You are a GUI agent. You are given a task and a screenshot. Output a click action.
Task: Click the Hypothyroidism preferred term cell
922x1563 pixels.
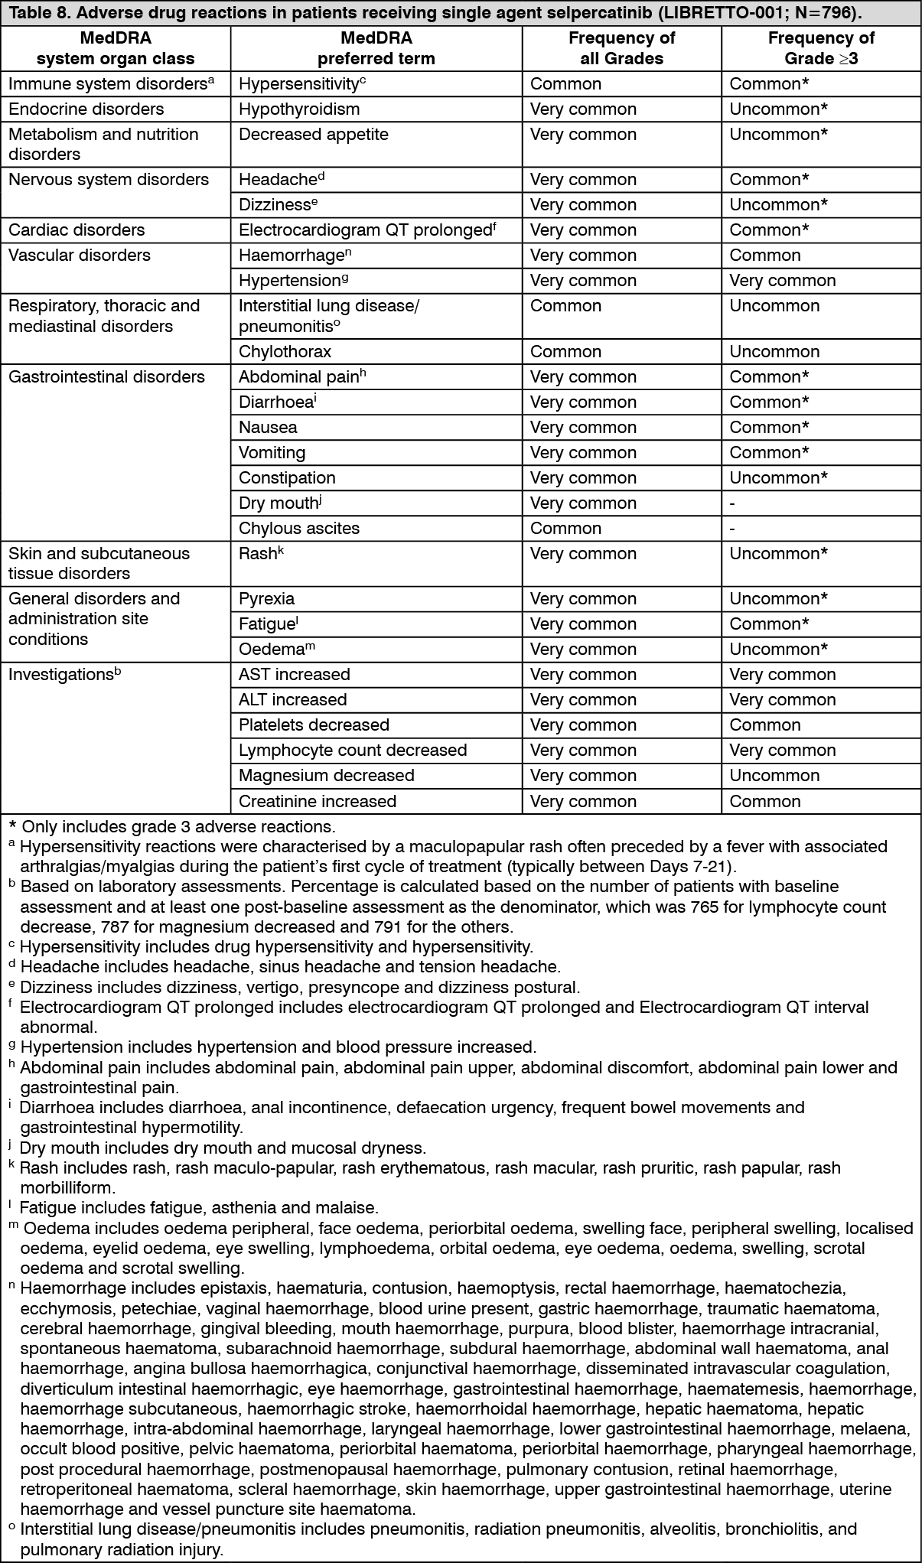tap(298, 109)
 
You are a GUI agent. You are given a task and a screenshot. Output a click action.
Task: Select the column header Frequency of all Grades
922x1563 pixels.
tap(621, 48)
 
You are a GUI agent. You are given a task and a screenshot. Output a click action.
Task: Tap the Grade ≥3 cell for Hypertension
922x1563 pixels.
tap(782, 281)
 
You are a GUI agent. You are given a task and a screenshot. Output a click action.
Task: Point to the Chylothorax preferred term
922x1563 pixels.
tap(285, 352)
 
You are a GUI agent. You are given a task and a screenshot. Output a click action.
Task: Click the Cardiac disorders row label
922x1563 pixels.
tap(77, 230)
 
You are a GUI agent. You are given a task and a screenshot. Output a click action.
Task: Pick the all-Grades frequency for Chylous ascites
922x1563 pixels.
tap(565, 529)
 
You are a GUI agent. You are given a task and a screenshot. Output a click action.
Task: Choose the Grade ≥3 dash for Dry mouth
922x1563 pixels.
tap(732, 503)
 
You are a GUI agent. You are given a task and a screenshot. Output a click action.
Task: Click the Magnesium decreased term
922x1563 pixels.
tap(326, 776)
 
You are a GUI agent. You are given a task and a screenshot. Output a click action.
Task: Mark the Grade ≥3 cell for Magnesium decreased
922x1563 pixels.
tap(774, 776)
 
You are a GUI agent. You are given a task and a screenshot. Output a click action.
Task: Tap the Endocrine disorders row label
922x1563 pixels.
tap(86, 109)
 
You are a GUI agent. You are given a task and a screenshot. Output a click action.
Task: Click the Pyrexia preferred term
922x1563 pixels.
tap(266, 599)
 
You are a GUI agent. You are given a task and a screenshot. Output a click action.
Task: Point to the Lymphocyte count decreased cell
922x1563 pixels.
tap(353, 751)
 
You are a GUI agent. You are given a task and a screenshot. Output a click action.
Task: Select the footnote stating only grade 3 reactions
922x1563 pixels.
tap(171, 827)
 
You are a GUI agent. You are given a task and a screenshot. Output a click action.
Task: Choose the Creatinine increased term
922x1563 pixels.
tap(318, 802)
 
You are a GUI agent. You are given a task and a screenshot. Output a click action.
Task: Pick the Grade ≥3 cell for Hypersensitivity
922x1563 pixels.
tap(769, 84)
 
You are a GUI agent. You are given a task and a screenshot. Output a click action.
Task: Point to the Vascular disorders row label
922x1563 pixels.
tap(80, 256)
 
